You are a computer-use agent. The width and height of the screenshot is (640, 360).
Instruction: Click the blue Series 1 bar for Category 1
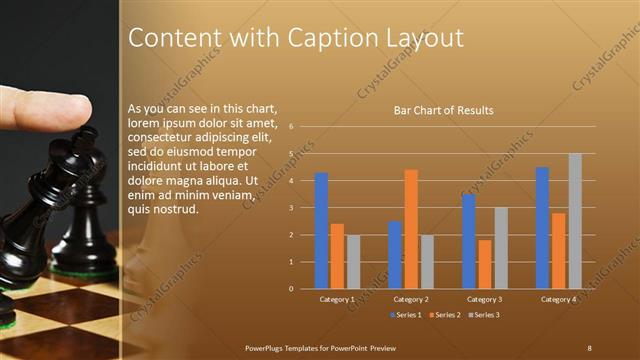pyautogui.click(x=321, y=231)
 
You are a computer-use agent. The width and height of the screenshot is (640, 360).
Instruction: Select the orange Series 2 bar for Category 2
pyautogui.click(x=411, y=229)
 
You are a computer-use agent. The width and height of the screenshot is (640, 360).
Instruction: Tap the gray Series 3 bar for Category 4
pyautogui.click(x=575, y=221)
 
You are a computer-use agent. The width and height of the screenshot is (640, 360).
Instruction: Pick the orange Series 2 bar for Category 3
pyautogui.click(x=485, y=264)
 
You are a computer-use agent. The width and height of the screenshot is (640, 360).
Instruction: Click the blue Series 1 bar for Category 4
pyautogui.click(x=542, y=228)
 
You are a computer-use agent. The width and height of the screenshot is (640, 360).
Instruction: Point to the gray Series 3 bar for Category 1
pyautogui.click(x=353, y=262)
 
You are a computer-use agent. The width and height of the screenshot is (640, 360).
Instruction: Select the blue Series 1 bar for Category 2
pyautogui.click(x=395, y=255)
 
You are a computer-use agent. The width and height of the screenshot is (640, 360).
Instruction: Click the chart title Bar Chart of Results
pyautogui.click(x=444, y=110)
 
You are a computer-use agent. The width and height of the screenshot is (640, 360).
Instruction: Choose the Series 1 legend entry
pyautogui.click(x=405, y=316)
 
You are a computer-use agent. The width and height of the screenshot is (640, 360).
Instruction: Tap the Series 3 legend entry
pyautogui.click(x=484, y=316)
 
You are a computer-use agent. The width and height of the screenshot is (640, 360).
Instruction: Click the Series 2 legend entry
pyautogui.click(x=444, y=316)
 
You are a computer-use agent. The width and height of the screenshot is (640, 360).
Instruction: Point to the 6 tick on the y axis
pyautogui.click(x=290, y=127)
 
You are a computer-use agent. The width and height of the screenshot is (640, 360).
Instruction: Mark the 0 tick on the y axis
pyautogui.click(x=290, y=289)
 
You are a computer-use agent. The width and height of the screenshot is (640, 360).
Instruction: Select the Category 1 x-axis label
pyautogui.click(x=337, y=299)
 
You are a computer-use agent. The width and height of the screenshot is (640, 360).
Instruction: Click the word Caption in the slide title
pyautogui.click(x=317, y=38)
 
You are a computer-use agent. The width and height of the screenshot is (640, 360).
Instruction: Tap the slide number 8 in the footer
pyautogui.click(x=589, y=346)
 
